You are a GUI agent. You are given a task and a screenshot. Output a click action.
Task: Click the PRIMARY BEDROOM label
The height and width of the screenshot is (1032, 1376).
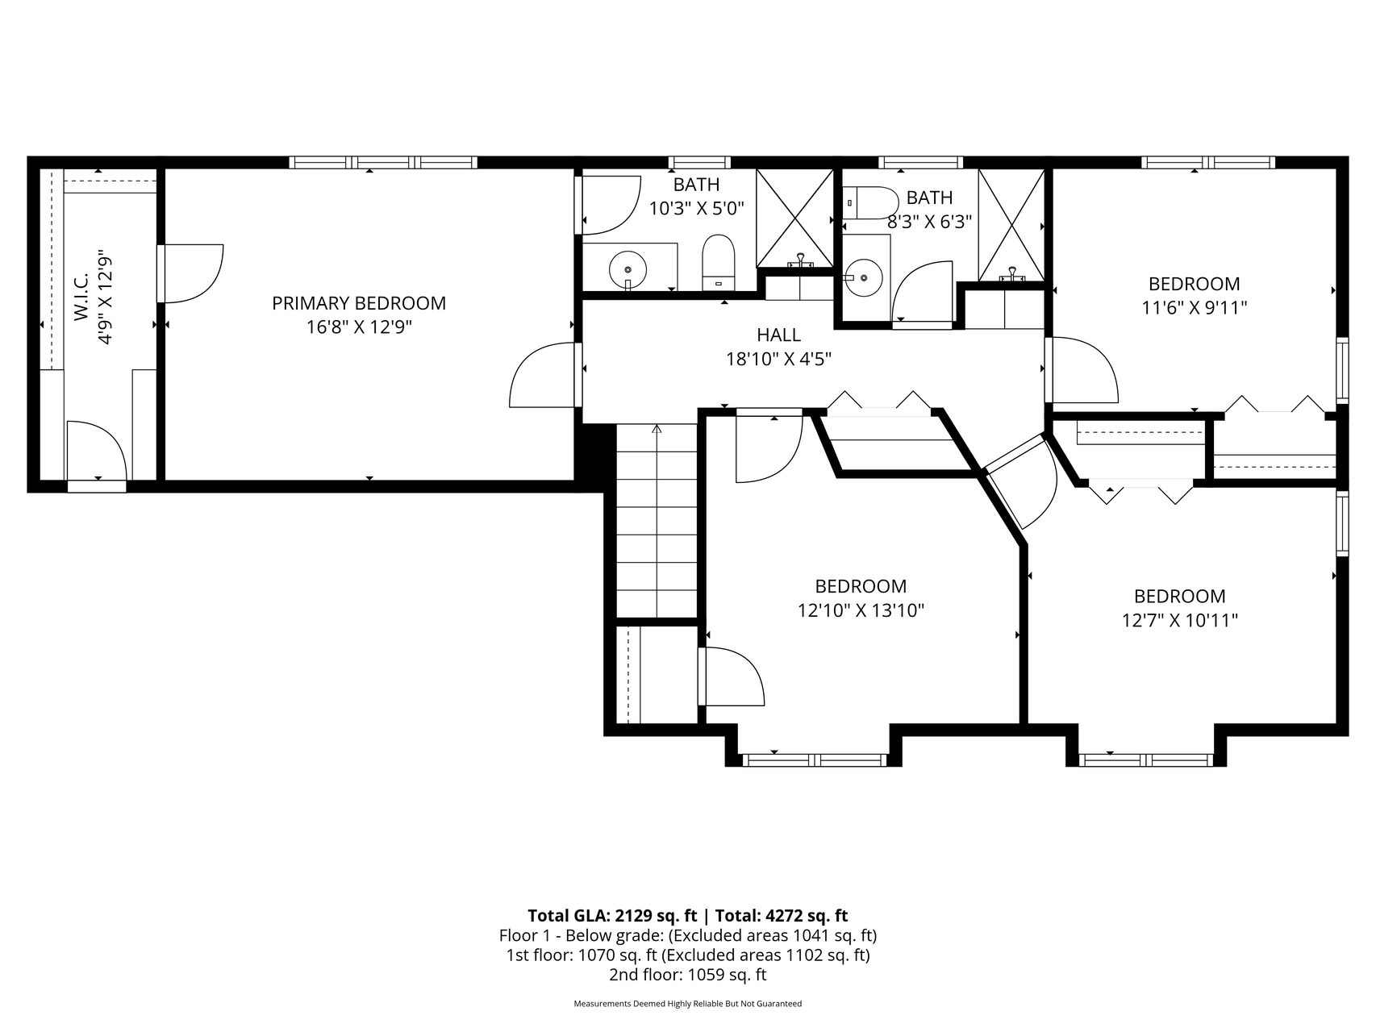click(x=359, y=303)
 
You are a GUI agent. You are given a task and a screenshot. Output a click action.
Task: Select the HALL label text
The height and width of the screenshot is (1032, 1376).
click(x=779, y=335)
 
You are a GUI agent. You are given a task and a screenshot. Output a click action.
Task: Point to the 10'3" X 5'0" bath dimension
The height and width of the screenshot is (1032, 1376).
click(x=697, y=209)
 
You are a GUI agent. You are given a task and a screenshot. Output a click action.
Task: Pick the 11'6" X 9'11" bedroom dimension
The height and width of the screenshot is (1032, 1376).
click(x=1195, y=307)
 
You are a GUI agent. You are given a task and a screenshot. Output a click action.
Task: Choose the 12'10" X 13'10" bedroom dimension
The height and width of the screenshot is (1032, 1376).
click(x=861, y=610)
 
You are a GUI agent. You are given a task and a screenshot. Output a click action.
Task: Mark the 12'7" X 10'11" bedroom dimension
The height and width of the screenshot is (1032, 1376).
click(x=1180, y=620)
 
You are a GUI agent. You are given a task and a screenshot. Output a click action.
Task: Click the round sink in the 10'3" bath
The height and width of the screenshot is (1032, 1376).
click(x=628, y=267)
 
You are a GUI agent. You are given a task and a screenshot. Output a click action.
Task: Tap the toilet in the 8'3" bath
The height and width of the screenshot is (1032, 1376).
click(x=870, y=202)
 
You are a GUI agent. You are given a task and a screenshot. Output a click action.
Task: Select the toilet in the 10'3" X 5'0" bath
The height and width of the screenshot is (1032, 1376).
click(x=719, y=262)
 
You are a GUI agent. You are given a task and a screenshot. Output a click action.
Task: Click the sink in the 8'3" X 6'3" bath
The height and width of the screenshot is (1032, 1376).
click(x=864, y=277)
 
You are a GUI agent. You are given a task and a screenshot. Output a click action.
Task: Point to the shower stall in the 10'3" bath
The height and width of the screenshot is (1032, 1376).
click(x=794, y=218)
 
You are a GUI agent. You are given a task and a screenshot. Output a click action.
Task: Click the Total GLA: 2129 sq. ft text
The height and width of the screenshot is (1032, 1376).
click(x=612, y=915)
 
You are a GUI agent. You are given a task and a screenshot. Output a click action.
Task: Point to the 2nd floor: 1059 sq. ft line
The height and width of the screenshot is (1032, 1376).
click(x=688, y=974)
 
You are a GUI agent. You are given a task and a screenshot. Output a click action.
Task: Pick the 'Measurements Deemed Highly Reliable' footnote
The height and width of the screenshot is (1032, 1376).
click(x=688, y=1004)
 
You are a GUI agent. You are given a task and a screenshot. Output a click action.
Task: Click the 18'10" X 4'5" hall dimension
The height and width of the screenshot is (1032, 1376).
click(x=779, y=359)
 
